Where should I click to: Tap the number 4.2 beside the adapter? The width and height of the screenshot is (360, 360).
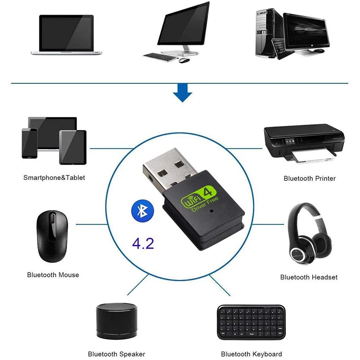point(143,243)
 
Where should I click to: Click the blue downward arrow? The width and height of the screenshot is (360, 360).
point(183,94)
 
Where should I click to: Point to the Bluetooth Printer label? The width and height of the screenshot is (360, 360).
point(310,179)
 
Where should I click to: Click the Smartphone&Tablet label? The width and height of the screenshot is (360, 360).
point(54,178)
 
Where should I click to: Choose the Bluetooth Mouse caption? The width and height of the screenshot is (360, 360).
point(53,275)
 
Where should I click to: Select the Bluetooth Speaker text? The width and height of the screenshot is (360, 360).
point(116,354)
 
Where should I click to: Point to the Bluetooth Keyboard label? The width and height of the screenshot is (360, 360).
point(252,354)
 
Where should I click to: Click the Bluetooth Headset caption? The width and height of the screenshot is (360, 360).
point(309,277)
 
